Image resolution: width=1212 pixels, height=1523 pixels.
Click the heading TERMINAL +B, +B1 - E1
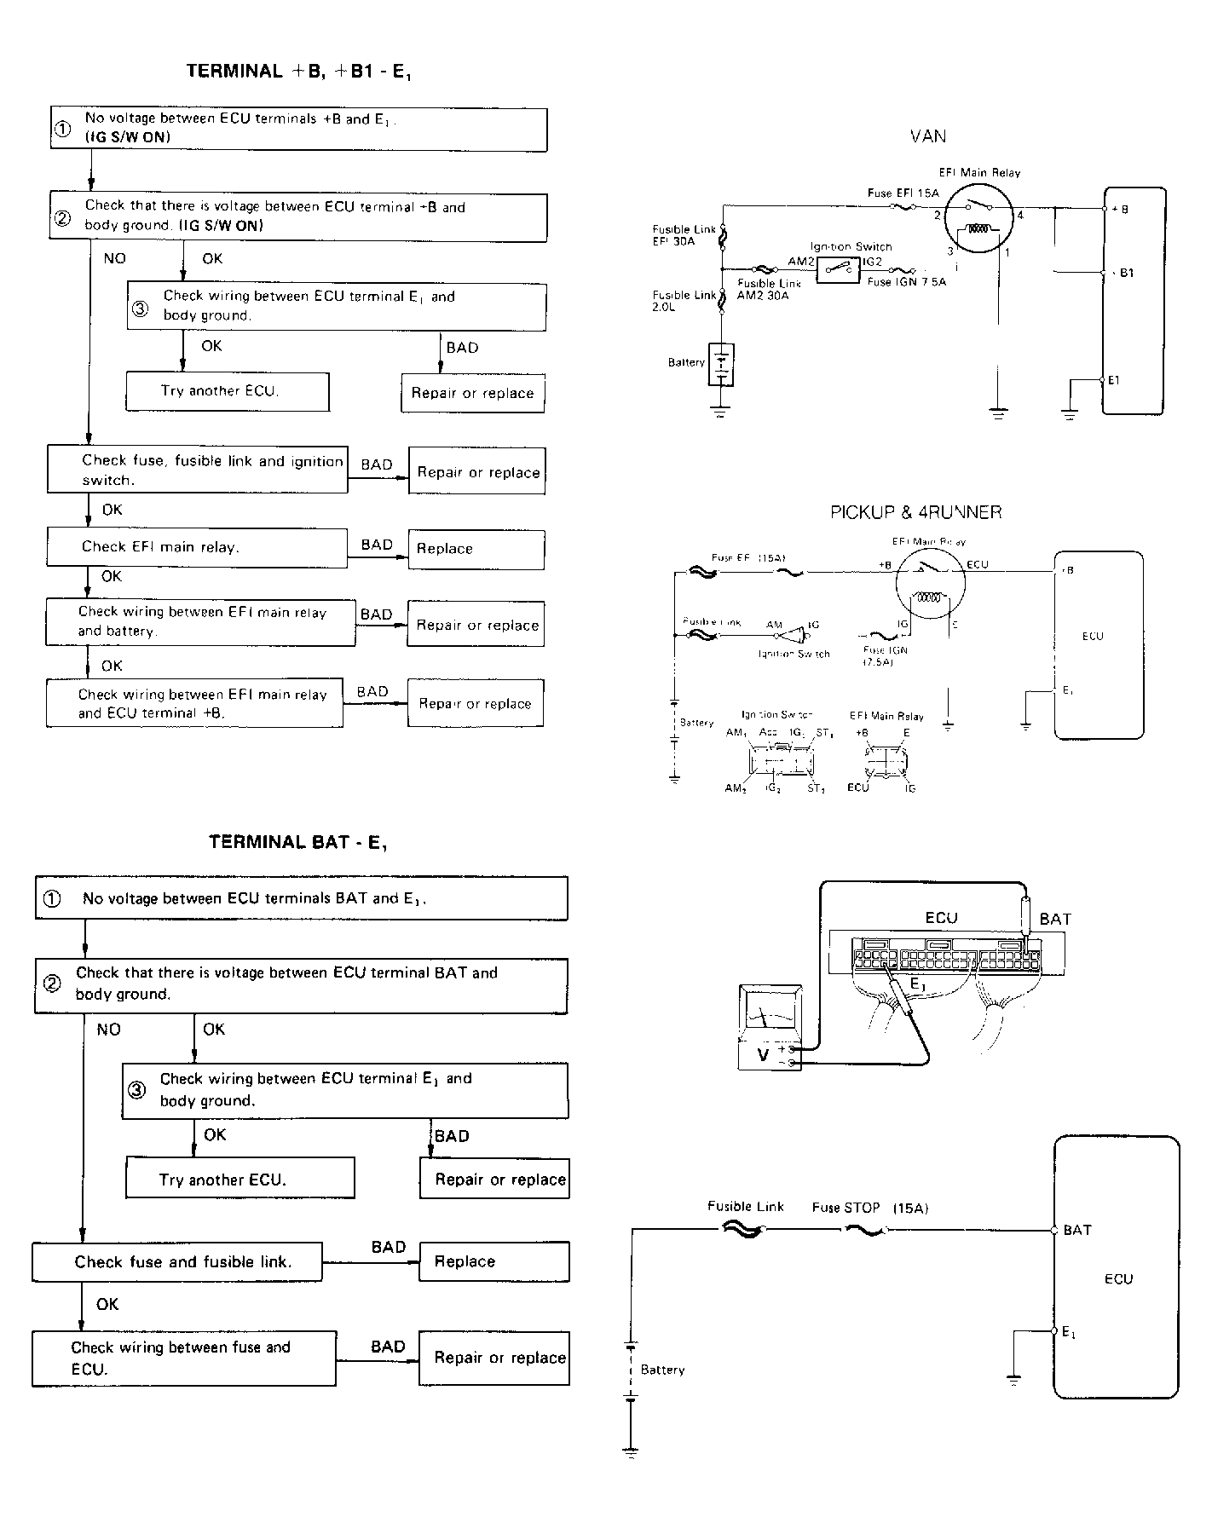(300, 72)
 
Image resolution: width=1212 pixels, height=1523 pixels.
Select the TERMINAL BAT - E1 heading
(298, 843)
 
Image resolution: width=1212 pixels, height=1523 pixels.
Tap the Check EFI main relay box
(197, 547)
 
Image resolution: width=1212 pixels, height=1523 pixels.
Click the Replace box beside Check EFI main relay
(476, 550)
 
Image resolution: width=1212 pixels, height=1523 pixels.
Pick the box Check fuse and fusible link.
(177, 1262)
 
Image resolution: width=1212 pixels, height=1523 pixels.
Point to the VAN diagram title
(928, 136)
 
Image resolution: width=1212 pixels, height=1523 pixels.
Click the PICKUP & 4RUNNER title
(916, 512)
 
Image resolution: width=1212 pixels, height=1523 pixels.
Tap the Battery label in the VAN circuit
(686, 362)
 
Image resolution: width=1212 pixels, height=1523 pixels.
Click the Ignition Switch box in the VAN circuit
(838, 269)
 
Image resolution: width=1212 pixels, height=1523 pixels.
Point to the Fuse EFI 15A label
(903, 193)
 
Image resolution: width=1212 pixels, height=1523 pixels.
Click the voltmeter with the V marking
(770, 1029)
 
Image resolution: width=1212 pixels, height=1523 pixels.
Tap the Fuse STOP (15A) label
(869, 1208)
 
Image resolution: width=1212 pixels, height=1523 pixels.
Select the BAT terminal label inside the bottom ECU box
(1077, 1230)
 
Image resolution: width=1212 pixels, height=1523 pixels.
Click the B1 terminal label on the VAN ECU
(1126, 274)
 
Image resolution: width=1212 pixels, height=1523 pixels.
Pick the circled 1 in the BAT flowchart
(52, 899)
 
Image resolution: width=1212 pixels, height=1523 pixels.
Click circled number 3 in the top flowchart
(140, 309)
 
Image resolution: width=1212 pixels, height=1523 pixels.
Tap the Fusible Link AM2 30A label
(764, 290)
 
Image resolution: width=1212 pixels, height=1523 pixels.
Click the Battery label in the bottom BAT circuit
(662, 1370)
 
